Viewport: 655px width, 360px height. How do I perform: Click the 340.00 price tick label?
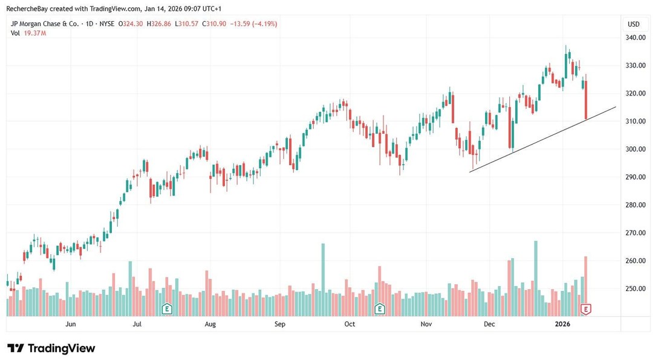[636, 38]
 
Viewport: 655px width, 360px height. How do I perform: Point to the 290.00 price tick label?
[636, 177]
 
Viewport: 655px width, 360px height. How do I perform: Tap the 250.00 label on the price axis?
[636, 289]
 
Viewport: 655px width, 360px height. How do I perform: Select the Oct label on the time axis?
[350, 324]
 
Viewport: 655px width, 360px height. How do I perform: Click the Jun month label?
[71, 324]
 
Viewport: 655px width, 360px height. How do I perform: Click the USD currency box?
[634, 24]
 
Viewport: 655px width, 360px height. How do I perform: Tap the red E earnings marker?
[585, 309]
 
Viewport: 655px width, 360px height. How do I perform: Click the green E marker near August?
[167, 309]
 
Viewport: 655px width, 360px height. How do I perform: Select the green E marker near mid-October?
[380, 309]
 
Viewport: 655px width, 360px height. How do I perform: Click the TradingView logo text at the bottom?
[51, 349]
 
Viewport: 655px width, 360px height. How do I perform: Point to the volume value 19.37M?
[35, 33]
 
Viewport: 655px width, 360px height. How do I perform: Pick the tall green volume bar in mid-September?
[323, 278]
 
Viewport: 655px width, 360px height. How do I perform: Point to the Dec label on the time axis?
[489, 324]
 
